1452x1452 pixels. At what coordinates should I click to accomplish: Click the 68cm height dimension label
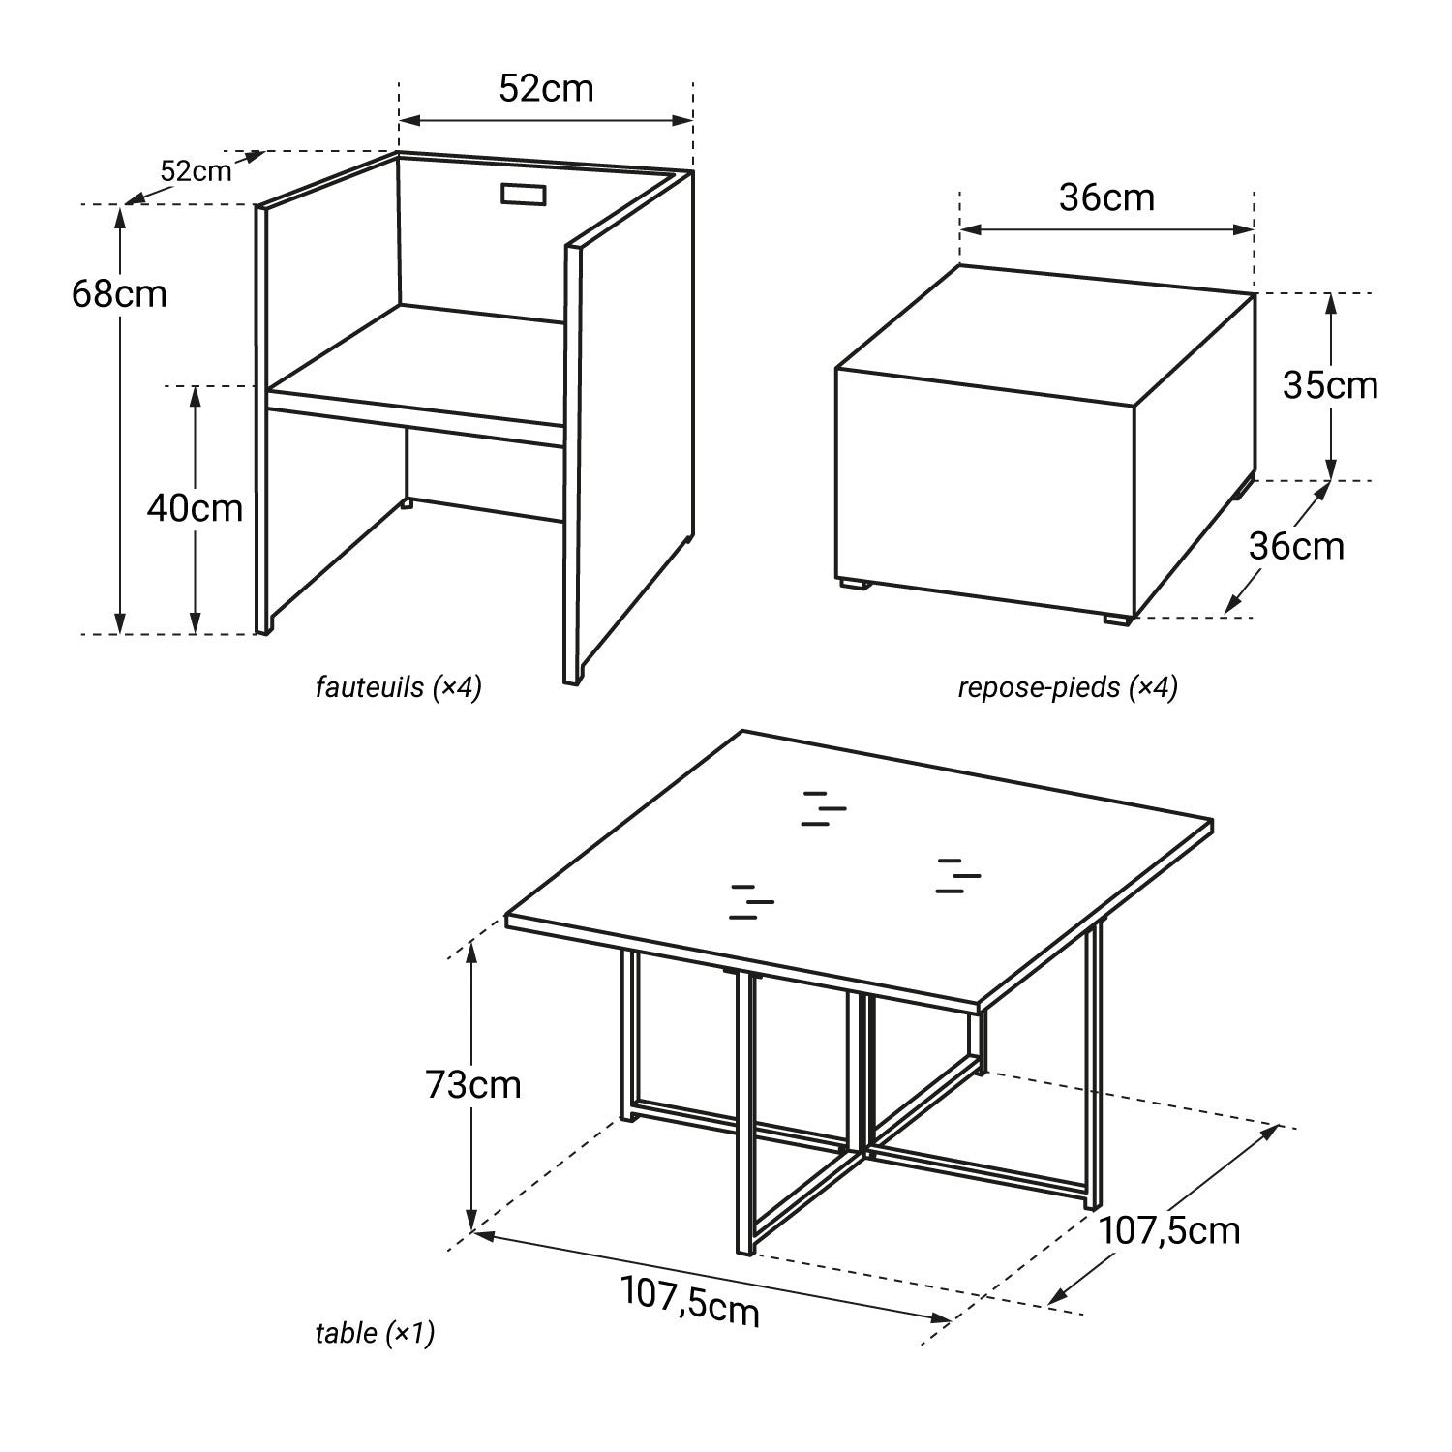click(x=119, y=293)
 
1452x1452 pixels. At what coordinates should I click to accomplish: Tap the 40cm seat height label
click(x=195, y=507)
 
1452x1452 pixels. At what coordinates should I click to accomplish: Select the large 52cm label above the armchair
click(x=546, y=88)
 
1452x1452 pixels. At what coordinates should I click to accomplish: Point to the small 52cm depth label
click(x=197, y=171)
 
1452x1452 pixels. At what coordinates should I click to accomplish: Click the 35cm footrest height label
click(x=1330, y=385)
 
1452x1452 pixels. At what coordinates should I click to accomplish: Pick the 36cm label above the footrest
click(x=1106, y=197)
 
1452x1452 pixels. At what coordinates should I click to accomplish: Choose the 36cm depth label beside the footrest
click(x=1296, y=546)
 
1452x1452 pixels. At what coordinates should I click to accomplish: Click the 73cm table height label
click(x=473, y=1084)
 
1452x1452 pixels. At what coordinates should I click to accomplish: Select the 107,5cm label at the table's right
click(x=1169, y=1230)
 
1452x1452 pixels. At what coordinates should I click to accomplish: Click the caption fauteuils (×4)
click(x=399, y=687)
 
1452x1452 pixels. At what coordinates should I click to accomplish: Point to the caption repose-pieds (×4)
click(x=1068, y=687)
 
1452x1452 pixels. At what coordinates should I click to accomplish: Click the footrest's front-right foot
click(x=1117, y=620)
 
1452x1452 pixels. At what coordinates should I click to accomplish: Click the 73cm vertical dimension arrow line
click(x=471, y=1087)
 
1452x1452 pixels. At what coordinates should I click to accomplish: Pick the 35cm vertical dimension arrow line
click(x=1331, y=386)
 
